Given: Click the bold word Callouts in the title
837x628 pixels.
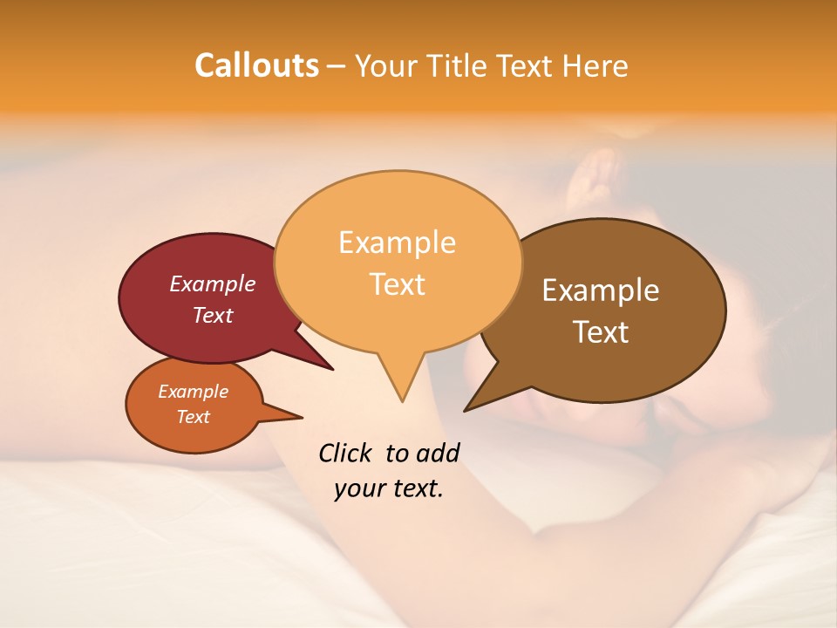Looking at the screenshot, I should pos(256,65).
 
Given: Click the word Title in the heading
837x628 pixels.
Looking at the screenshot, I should pos(460,65).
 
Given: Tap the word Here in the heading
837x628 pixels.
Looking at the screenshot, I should pos(595,65).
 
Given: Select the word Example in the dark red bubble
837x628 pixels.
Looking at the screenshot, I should pos(212,283).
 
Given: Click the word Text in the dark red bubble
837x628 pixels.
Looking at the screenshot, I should pos(212,315).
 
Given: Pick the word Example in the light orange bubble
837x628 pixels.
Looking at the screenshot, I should pos(397,242).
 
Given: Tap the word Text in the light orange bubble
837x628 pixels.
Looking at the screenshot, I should pos(397,284).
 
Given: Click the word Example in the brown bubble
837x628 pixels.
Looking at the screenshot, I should pos(601,290).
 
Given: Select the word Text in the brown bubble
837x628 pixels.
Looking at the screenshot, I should pos(601,332).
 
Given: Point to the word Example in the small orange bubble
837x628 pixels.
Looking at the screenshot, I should pos(193,392).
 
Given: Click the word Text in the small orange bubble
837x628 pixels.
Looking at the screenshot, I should pos(193,417).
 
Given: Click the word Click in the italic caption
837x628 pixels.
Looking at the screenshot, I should pos(346,453).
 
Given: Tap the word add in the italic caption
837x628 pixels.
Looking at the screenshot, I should pos(437,453).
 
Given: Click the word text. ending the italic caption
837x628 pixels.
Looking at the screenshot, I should pos(418,488).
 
